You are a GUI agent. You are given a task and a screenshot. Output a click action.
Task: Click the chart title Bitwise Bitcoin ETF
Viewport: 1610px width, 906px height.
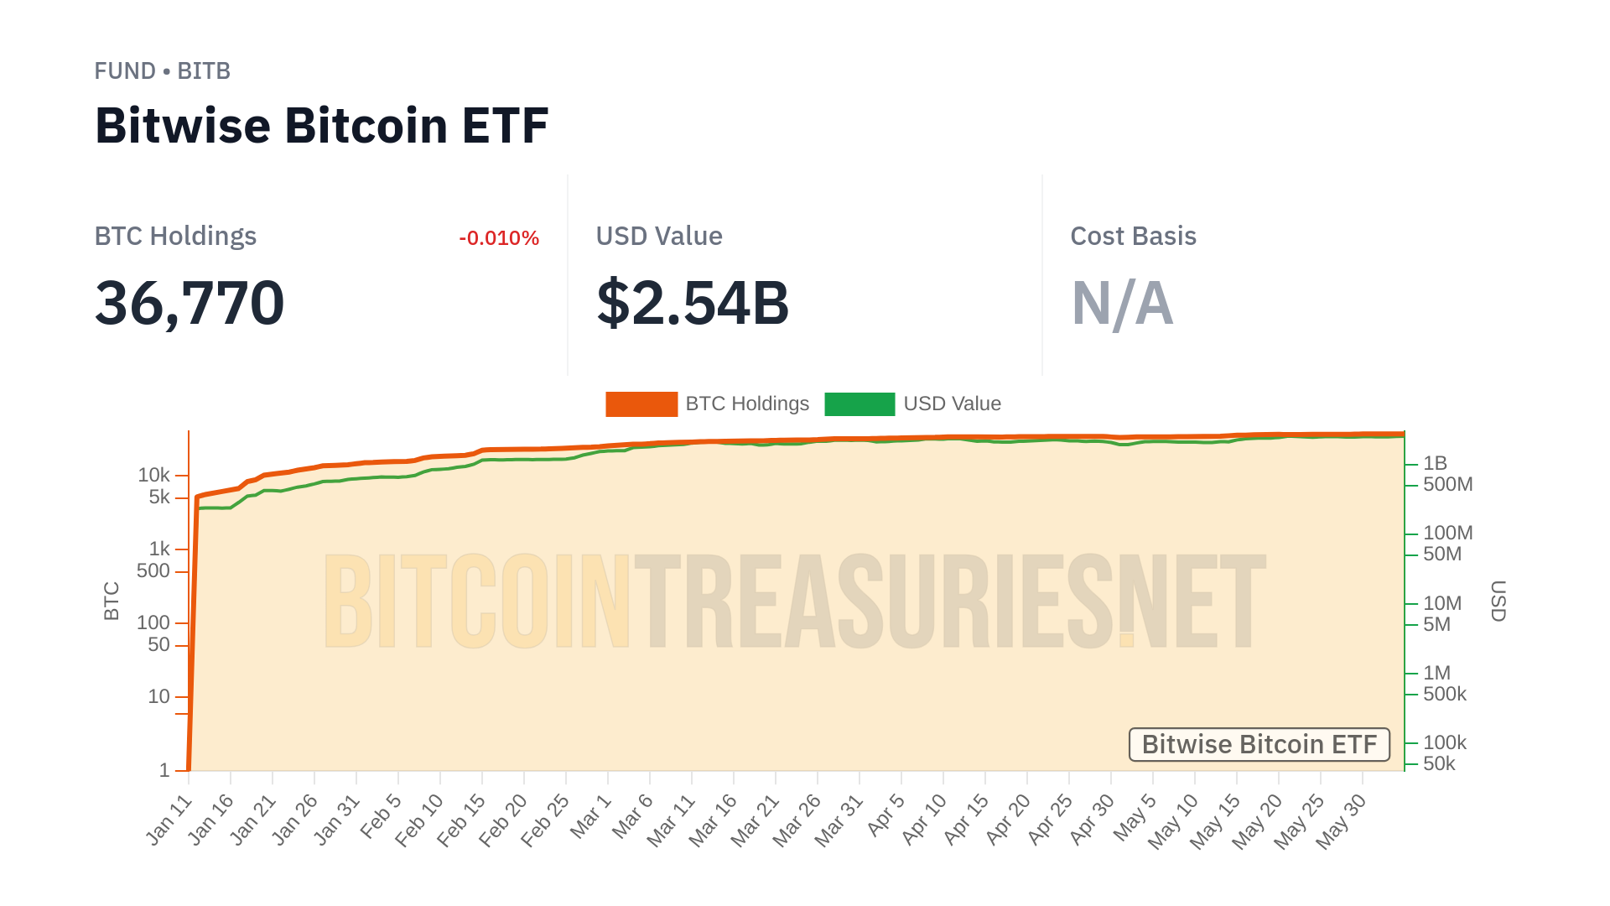pyautogui.click(x=321, y=126)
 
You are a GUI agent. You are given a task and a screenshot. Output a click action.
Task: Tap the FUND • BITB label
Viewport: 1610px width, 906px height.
pyautogui.click(x=162, y=71)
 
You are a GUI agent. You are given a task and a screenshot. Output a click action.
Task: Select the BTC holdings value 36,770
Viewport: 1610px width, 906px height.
pyautogui.click(x=190, y=303)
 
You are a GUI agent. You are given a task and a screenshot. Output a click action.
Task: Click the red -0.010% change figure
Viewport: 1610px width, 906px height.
pyautogui.click(x=499, y=238)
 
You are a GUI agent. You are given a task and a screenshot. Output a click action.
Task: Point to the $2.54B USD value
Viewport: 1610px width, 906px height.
pyautogui.click(x=693, y=303)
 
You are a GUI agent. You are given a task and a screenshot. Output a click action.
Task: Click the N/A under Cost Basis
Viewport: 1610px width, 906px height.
pyautogui.click(x=1122, y=303)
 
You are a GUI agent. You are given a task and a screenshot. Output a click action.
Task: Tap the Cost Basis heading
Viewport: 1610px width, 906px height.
pyautogui.click(x=1133, y=237)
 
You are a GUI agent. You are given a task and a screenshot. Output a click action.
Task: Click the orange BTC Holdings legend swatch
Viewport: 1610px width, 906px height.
pyautogui.click(x=641, y=404)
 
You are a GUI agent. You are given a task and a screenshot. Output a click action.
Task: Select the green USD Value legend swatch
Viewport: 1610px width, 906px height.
pyautogui.click(x=860, y=404)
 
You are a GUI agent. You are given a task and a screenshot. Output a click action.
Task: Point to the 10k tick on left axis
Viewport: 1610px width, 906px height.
pyautogui.click(x=154, y=476)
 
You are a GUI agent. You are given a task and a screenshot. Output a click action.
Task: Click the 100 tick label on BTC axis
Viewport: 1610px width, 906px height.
pyautogui.click(x=153, y=622)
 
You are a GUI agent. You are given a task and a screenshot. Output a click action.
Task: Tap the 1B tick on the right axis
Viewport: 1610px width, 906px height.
pyautogui.click(x=1435, y=463)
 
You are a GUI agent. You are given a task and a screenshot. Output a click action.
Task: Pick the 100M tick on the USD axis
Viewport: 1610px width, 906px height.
pyautogui.click(x=1447, y=533)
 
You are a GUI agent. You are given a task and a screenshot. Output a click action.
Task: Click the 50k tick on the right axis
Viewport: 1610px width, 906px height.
pyautogui.click(x=1439, y=763)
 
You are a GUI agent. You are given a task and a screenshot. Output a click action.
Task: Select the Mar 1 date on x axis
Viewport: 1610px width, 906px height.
pyautogui.click(x=591, y=816)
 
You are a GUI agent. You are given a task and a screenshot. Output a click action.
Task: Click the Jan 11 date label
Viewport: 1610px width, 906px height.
pyautogui.click(x=169, y=820)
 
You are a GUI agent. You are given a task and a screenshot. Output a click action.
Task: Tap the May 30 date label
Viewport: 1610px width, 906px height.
pyautogui.click(x=1341, y=822)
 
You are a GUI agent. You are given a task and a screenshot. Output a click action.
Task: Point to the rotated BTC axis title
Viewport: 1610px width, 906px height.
pyautogui.click(x=112, y=601)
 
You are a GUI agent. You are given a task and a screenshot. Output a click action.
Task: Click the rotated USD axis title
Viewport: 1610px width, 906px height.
pyautogui.click(x=1498, y=601)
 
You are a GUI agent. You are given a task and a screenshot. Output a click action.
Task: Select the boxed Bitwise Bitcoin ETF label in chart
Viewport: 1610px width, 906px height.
pyautogui.click(x=1259, y=744)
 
